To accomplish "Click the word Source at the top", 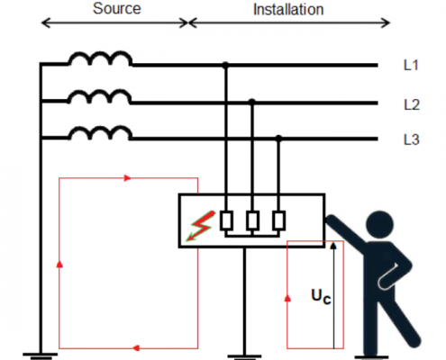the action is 117,8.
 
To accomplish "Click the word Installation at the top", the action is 288,10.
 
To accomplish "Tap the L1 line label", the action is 411,65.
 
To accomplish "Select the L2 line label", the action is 412,105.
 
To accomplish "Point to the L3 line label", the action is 412,139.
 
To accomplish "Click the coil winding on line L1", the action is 100,58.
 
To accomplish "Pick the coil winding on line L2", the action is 100,96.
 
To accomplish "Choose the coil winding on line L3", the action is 100,132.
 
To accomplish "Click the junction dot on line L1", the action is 225,65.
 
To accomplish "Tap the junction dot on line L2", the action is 252,102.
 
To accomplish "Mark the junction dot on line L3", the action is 278,139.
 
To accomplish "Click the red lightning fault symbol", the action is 201,226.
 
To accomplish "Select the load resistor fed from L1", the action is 226,220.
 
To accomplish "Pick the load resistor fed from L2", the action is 252,220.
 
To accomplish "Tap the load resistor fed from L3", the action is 278,220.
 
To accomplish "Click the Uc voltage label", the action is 321,296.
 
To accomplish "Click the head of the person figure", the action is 380,224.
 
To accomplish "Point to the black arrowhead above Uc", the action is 333,246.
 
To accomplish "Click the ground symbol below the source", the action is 41,356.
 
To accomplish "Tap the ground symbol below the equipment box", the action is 244,357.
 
